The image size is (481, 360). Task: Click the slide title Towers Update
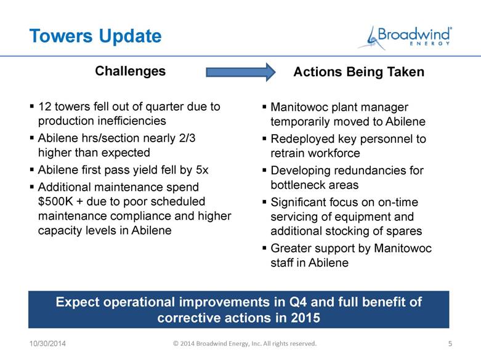point(95,36)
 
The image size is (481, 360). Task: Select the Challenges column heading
point(131,71)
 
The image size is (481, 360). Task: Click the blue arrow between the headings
point(240,73)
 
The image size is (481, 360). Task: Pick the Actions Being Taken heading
point(359,72)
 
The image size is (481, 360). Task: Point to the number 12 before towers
point(44,106)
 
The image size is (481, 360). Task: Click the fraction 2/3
point(187,138)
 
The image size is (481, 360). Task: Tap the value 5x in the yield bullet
point(202,170)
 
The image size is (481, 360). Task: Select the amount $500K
point(55,201)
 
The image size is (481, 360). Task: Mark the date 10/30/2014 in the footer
point(47,343)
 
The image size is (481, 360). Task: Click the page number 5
point(450,343)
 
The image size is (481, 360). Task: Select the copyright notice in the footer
point(245,343)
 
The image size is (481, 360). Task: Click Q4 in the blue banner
point(298,302)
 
